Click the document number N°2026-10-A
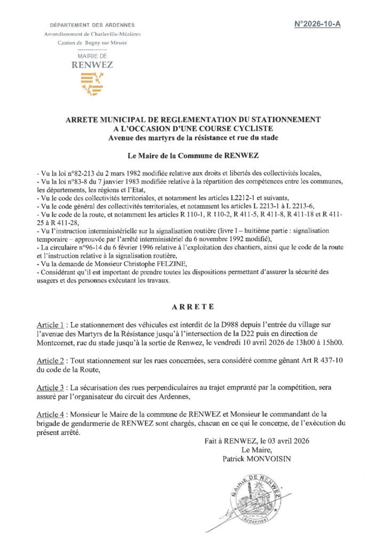click(317, 25)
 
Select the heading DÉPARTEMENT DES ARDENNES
click(92, 25)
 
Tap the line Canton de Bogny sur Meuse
click(92, 43)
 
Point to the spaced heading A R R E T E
click(193, 307)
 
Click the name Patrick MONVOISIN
click(257, 458)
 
